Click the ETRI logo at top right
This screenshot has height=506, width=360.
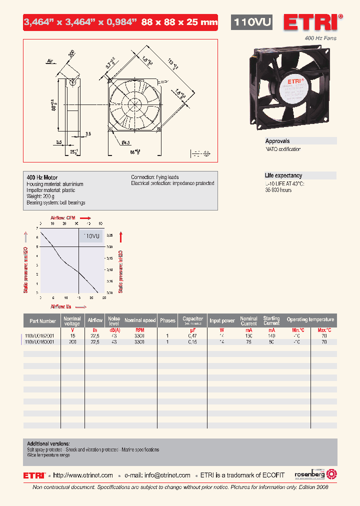(313, 23)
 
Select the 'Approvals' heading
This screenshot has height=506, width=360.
(277, 141)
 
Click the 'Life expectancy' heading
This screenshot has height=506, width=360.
(283, 175)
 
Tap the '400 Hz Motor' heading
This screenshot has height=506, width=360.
(42, 177)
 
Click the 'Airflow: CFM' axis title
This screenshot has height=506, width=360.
(64, 218)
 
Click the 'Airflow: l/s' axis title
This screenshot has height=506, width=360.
(61, 306)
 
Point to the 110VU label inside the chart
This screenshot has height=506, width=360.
(91, 236)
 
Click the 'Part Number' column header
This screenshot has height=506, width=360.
(42, 321)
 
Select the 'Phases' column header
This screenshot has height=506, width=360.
(167, 320)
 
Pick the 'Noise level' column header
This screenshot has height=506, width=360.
(114, 320)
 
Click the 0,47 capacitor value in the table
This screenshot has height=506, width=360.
(192, 336)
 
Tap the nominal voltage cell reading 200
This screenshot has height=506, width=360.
(73, 342)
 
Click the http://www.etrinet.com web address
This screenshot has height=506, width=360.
(83, 475)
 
